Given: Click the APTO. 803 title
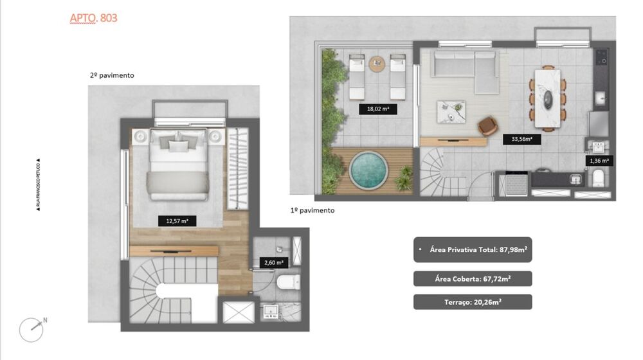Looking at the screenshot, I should tap(93, 18).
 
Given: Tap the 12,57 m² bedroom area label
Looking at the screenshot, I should tap(177, 221).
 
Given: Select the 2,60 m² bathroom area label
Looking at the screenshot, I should tap(273, 262).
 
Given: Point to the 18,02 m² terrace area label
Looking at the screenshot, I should tap(377, 109).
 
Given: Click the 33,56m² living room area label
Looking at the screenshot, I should tap(521, 138).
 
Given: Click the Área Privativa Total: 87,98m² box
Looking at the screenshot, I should tap(473, 249).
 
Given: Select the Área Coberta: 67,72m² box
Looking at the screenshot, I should tap(473, 278).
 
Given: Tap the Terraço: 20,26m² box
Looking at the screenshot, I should tap(473, 302).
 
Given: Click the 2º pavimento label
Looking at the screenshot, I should tap(112, 75).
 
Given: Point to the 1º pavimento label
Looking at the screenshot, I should tap(312, 210).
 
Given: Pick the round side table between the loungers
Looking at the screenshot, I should tap(377, 63).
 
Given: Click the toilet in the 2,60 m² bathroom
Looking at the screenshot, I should tap(285, 282).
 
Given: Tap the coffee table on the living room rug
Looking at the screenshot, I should tap(451, 111).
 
